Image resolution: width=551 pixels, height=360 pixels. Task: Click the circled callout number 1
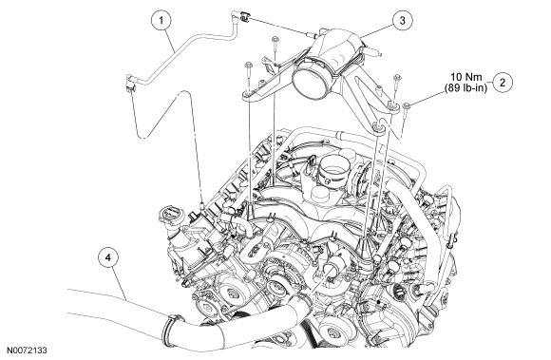coord(161,20)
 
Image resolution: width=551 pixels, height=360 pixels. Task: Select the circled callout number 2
coord(503,83)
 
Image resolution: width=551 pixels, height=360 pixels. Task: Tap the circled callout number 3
coord(403,20)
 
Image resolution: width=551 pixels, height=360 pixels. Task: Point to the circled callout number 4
coord(108,257)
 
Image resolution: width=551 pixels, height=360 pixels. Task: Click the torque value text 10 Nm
coord(466,77)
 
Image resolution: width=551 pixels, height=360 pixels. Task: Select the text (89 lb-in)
coord(465,87)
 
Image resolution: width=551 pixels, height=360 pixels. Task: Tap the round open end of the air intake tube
coord(310,80)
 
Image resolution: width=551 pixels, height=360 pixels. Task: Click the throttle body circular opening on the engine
coord(331,163)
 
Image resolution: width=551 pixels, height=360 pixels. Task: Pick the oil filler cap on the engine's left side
coord(170,216)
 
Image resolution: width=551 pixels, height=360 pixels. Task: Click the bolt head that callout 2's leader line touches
coord(407,105)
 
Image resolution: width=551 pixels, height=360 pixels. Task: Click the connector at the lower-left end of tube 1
coord(131,84)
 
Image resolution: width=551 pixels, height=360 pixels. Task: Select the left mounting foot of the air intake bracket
coord(248,93)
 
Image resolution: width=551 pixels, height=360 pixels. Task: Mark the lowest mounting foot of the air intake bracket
coord(379,128)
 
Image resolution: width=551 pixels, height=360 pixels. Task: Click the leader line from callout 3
coord(378,28)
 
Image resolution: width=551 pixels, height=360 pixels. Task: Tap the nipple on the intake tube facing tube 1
coord(312,35)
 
